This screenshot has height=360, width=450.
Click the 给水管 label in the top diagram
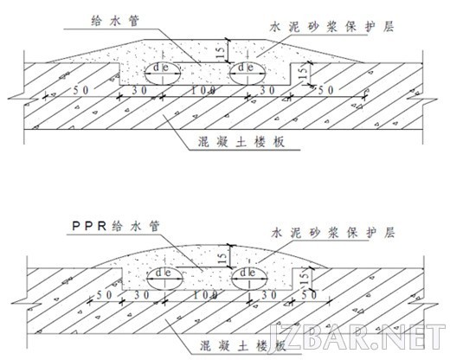[115, 21]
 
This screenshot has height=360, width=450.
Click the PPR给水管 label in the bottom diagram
[116, 226]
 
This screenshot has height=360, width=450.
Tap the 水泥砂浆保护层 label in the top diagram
[332, 27]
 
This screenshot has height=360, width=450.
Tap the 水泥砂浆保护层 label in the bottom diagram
[333, 233]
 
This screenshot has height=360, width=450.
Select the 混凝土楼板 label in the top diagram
[241, 142]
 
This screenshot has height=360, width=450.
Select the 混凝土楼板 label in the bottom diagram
[243, 345]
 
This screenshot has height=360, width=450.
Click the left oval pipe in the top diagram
[163, 74]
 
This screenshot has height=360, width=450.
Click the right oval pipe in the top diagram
[247, 74]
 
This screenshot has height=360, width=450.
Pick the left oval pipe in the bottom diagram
[165, 279]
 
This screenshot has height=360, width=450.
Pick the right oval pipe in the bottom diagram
[249, 279]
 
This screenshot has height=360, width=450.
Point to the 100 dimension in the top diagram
[203, 91]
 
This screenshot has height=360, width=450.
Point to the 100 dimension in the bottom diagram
[205, 295]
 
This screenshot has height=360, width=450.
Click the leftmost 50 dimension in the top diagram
[81, 90]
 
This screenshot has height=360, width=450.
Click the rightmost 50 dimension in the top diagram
[326, 90]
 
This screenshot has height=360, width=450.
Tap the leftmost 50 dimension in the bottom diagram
[104, 295]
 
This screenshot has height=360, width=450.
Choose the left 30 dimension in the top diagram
[139, 90]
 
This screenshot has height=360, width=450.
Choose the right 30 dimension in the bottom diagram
[269, 295]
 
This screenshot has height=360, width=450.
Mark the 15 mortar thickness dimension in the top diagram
[221, 51]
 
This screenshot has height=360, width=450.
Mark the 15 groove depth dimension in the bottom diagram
[305, 278]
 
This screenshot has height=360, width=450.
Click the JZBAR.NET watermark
[357, 337]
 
